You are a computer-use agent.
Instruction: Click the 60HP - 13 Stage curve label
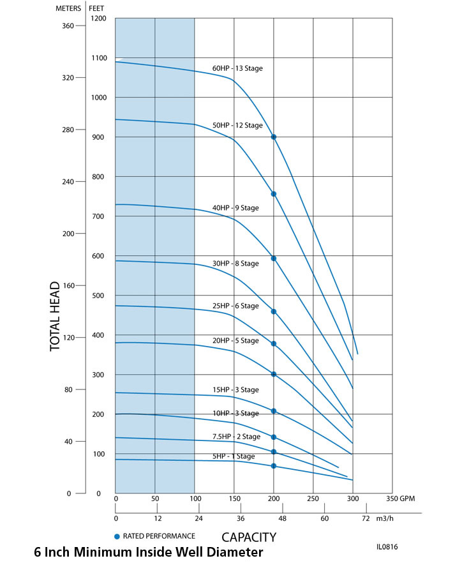tap(237, 68)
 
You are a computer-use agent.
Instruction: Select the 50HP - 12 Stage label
tap(237, 125)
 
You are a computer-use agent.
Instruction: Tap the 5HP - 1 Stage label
tap(234, 456)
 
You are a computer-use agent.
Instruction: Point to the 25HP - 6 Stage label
tap(235, 306)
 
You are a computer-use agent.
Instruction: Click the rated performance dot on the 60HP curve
tap(274, 137)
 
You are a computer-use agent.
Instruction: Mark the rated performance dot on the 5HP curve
tap(274, 466)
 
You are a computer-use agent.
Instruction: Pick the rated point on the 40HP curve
tap(274, 259)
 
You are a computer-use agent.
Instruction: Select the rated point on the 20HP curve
tap(274, 374)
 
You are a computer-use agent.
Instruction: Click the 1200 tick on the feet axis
tap(98, 19)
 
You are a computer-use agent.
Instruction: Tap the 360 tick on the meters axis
tap(68, 26)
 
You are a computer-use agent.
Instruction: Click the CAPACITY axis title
tap(249, 537)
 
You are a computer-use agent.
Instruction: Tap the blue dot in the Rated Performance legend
tap(117, 536)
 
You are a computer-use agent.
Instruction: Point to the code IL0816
tap(388, 547)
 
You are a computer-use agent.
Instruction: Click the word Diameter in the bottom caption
tap(231, 552)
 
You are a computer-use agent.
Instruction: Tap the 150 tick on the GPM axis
tap(234, 498)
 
